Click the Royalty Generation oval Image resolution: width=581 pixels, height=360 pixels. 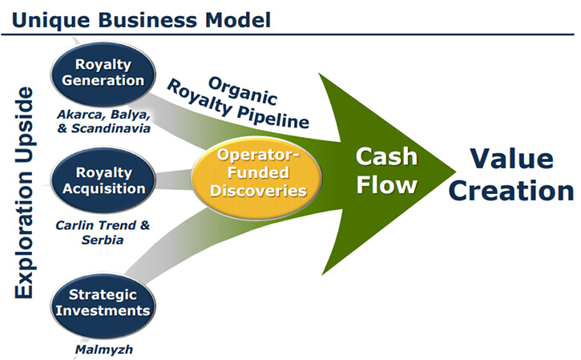(x=103, y=73)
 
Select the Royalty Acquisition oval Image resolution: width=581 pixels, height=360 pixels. (x=103, y=180)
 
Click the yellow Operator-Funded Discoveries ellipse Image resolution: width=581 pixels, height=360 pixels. (x=257, y=179)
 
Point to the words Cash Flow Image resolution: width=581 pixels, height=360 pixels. (x=386, y=170)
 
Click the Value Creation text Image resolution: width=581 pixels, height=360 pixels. (x=511, y=174)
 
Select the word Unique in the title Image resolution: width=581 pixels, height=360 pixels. (x=50, y=20)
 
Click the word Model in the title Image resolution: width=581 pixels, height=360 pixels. (x=238, y=20)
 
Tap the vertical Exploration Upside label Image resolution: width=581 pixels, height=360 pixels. (x=24, y=192)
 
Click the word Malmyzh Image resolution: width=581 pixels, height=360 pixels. (x=103, y=350)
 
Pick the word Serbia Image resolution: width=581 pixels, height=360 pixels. (x=103, y=240)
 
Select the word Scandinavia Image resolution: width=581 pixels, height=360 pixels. (x=111, y=128)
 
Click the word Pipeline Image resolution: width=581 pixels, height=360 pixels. (x=272, y=115)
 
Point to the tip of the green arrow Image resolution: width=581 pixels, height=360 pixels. (x=455, y=172)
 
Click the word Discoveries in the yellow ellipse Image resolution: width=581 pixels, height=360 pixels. (x=258, y=191)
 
